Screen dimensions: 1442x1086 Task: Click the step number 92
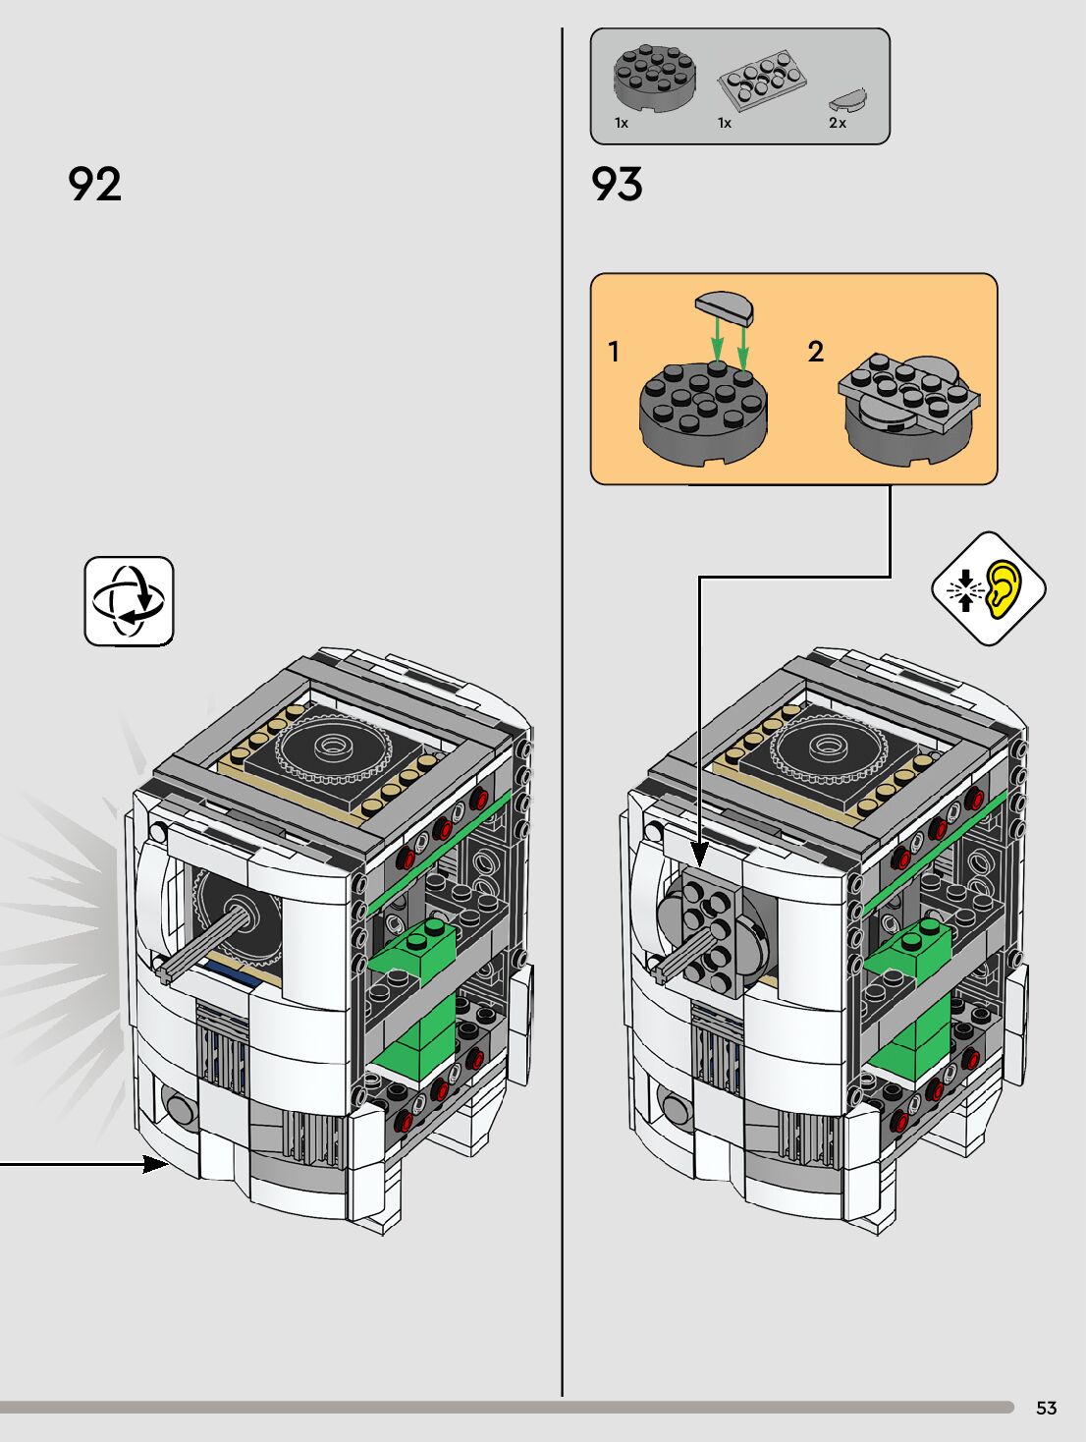click(x=94, y=184)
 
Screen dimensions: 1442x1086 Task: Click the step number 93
click(x=617, y=184)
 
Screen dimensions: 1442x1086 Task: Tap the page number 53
click(x=1046, y=1408)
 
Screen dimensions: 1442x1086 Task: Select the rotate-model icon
click(x=129, y=601)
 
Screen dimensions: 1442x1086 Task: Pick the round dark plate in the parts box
click(x=655, y=78)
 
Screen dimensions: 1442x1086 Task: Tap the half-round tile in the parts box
click(x=847, y=98)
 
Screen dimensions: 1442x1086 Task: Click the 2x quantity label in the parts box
click(x=837, y=123)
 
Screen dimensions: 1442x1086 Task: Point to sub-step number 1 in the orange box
click(x=614, y=351)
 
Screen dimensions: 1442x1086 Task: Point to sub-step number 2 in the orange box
click(x=815, y=351)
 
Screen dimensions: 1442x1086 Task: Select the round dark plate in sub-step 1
click(x=702, y=412)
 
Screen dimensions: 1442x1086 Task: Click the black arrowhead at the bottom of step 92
click(x=155, y=1164)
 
